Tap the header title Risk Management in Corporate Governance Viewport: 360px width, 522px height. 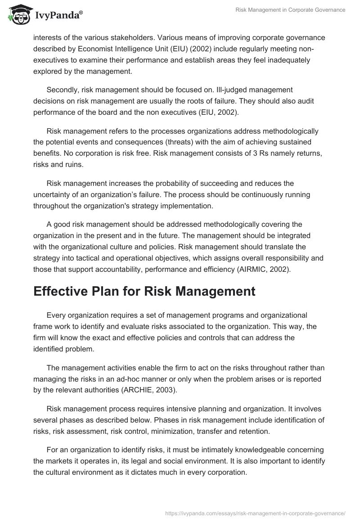pos(291,10)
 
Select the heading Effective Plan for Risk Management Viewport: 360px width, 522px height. pos(144,291)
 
